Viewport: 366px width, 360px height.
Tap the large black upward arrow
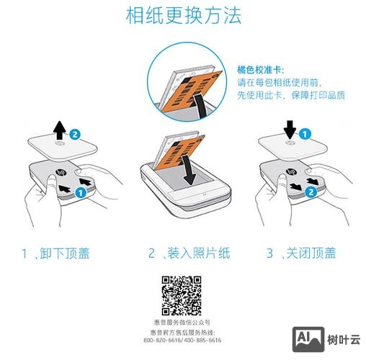tap(60, 130)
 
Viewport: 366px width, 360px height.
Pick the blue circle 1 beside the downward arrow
tap(305, 133)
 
